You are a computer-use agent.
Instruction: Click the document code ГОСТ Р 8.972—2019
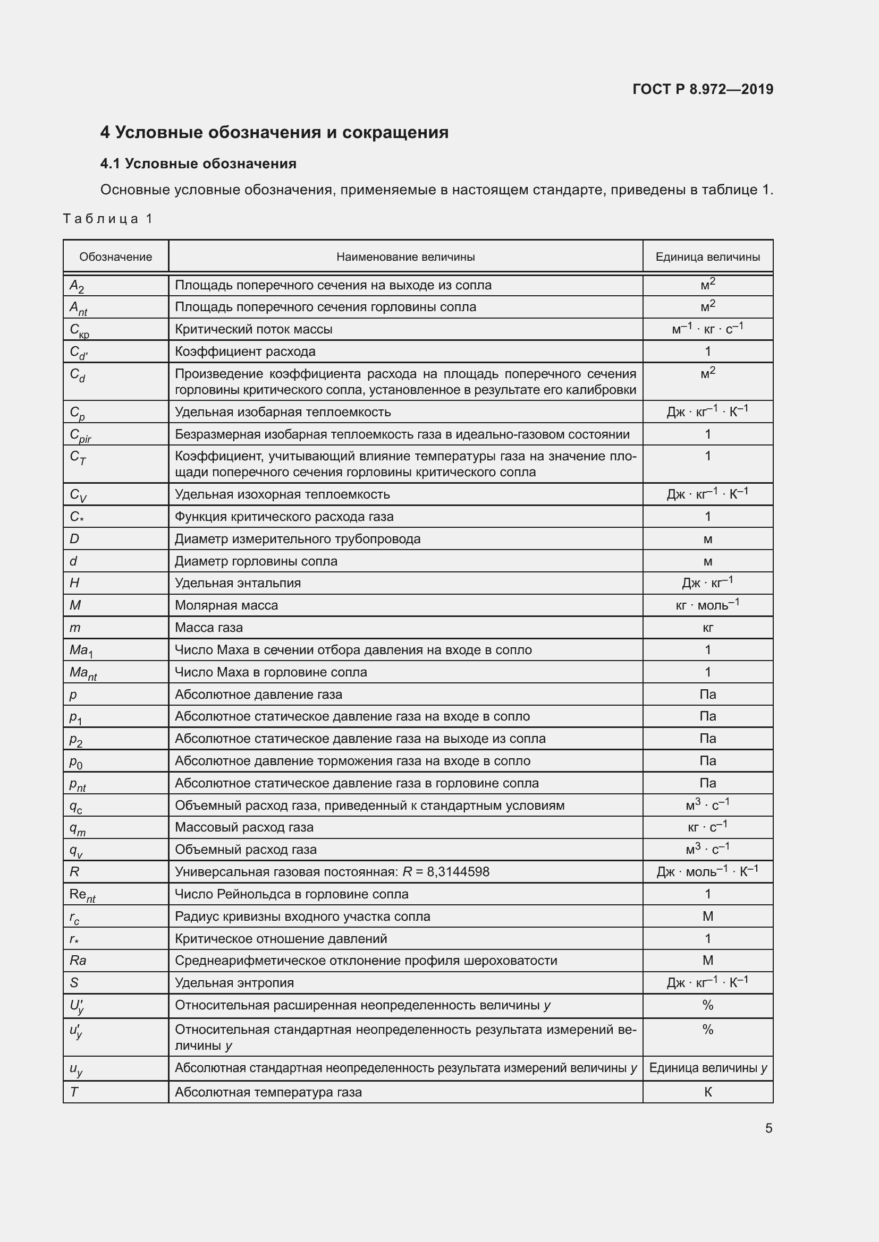coord(703,89)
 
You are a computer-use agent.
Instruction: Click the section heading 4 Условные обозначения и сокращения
coord(274,133)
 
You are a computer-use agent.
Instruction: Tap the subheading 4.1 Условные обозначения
coord(198,164)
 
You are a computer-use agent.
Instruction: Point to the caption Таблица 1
coord(108,219)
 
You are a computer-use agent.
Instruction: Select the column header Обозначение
coord(115,257)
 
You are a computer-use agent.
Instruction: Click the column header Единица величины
coord(707,257)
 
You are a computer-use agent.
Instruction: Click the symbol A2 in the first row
coord(77,286)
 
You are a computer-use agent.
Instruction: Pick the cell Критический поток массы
coord(253,329)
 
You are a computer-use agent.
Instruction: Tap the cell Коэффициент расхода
coord(244,352)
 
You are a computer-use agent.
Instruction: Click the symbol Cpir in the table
coord(81,435)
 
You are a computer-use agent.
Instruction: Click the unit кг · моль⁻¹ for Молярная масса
coord(707,605)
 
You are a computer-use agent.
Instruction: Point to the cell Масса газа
coord(209,628)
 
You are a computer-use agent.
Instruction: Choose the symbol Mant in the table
coord(83,673)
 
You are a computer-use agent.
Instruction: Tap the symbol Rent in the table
coord(82,895)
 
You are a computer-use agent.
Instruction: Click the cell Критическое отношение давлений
coord(281,938)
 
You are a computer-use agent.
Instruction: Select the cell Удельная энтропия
coord(234,983)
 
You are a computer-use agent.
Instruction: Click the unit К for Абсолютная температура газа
coord(707,1092)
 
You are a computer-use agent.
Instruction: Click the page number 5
coord(768,1128)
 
